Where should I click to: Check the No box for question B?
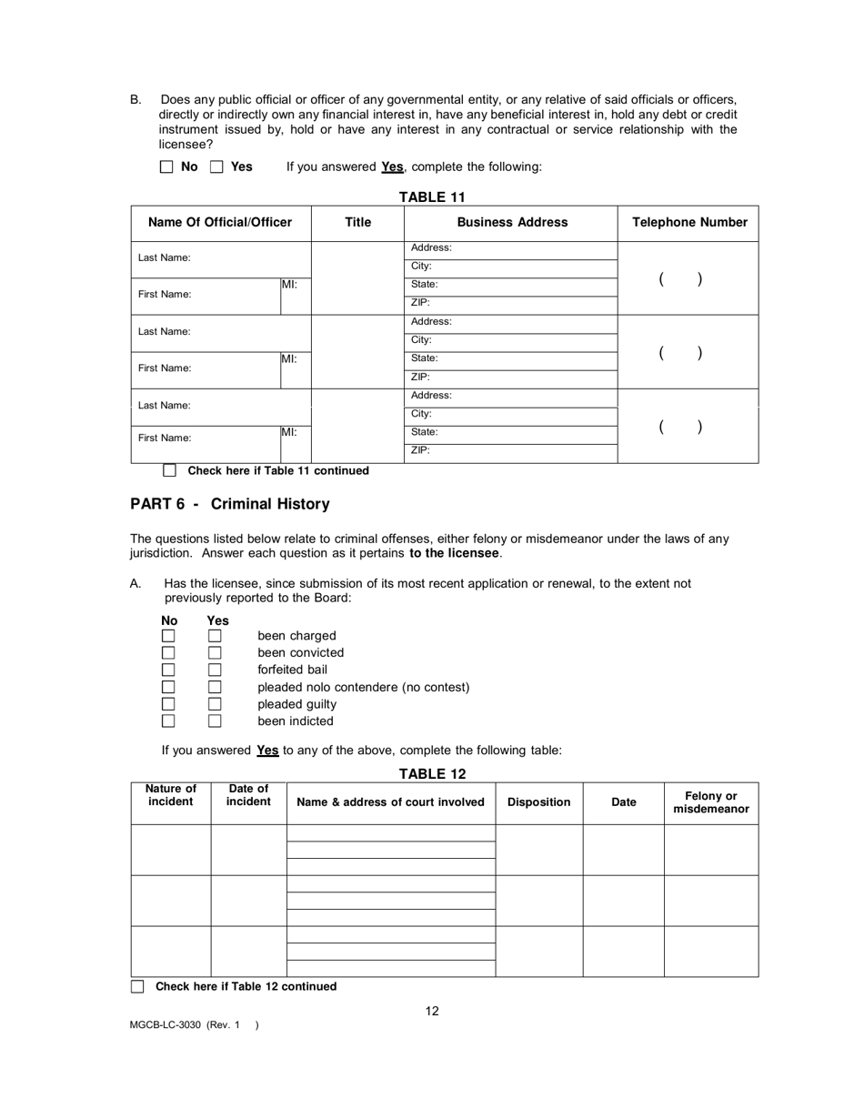(x=166, y=167)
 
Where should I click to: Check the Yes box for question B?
(x=216, y=167)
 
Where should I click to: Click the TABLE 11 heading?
(x=432, y=197)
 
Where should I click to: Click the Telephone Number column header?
(x=689, y=222)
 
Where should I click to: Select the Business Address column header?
(x=512, y=222)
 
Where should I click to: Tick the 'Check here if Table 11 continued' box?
(x=169, y=470)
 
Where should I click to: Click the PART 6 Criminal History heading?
(x=230, y=504)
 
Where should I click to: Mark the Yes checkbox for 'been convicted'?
(x=215, y=652)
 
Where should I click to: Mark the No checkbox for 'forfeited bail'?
(x=168, y=670)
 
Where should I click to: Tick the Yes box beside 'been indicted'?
(x=215, y=721)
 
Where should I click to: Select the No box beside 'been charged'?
(x=168, y=636)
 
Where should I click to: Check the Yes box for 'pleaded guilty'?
(x=215, y=704)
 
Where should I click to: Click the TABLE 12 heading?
(x=432, y=774)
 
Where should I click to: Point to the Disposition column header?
(x=538, y=802)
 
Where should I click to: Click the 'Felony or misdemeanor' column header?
(x=710, y=802)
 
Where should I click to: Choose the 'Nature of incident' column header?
(x=171, y=795)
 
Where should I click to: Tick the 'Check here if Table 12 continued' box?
(x=137, y=986)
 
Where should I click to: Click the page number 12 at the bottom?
(x=432, y=1011)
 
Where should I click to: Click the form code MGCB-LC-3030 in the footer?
(x=166, y=1025)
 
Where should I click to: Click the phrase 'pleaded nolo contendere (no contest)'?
(x=363, y=687)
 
